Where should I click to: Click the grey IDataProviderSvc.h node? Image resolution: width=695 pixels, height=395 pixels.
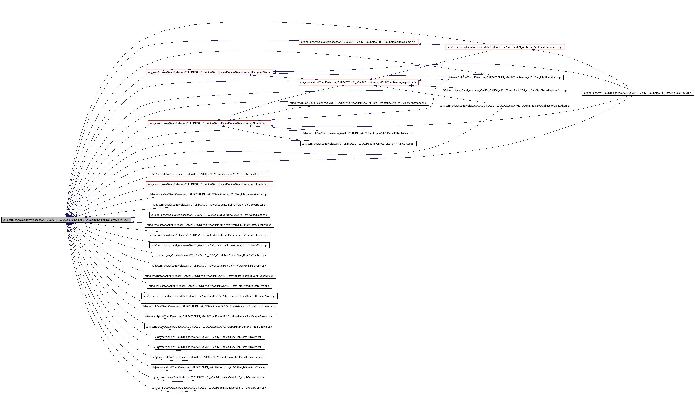coord(66,220)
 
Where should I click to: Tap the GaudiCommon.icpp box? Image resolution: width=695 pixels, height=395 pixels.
coord(505,47)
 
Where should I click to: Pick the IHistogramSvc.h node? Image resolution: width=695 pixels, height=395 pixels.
coord(209,72)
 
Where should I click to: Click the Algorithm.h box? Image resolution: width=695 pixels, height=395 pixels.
coord(358,83)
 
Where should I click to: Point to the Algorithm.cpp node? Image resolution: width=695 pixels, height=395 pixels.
coord(505,78)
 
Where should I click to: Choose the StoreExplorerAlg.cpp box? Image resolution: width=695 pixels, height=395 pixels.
coord(505,90)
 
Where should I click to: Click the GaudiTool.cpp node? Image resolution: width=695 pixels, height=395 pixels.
coord(637,93)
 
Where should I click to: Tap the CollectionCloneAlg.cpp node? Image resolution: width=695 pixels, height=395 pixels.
coord(505,106)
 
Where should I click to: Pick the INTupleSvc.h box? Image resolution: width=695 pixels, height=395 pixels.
coord(209,123)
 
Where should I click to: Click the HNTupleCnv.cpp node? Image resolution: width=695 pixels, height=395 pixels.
coord(358,133)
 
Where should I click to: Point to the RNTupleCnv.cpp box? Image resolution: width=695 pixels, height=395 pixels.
coord(358,144)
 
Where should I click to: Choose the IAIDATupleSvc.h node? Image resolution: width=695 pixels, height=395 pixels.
coord(209,184)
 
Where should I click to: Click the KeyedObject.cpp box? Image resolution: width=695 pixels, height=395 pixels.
coord(209,215)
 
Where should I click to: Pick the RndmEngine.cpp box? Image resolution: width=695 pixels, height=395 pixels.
coord(209,327)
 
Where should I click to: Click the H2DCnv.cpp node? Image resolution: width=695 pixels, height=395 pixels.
coord(209,347)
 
